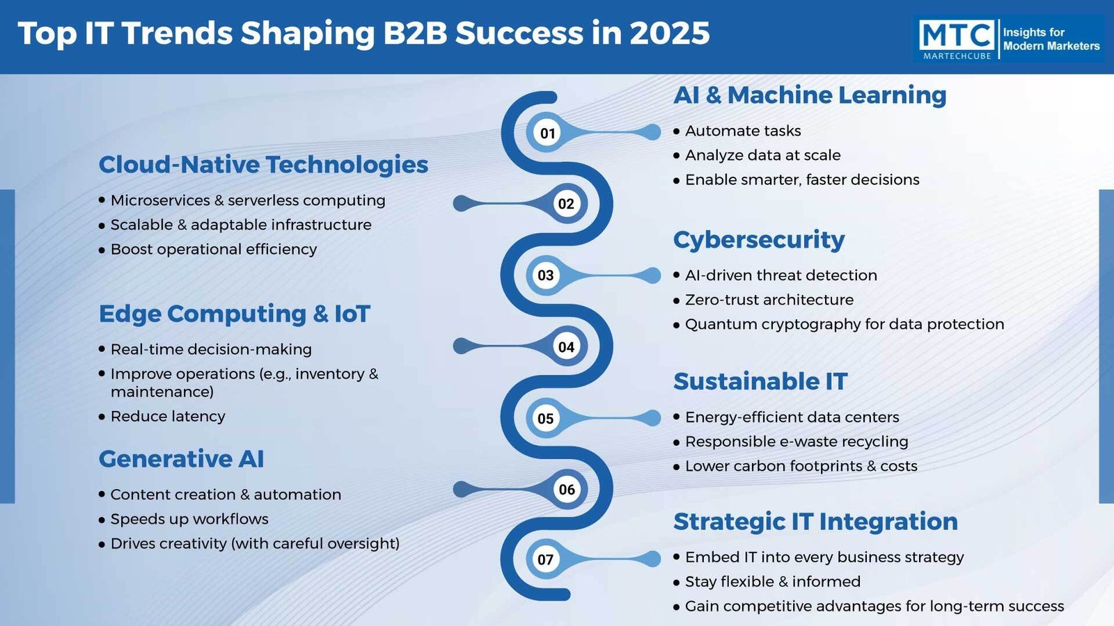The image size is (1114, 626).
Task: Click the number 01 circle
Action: [547, 133]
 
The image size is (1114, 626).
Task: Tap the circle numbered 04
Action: [566, 346]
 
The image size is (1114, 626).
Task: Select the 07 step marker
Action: [546, 559]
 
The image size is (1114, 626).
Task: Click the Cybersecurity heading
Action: [759, 240]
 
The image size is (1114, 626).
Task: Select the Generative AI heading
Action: [181, 458]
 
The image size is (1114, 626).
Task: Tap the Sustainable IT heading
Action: [760, 382]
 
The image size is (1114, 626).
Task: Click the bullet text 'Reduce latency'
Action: [168, 417]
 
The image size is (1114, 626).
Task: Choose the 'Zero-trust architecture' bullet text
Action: [769, 300]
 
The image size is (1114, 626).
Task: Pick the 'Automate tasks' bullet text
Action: [743, 131]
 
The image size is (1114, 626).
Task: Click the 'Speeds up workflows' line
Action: [189, 519]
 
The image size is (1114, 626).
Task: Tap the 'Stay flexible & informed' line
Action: [773, 581]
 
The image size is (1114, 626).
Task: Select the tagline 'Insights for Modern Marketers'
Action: [1051, 39]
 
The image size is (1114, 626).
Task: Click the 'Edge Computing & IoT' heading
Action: [234, 314]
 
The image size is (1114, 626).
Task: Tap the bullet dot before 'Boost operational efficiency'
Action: [102, 250]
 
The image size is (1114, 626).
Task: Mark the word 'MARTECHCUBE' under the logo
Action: [957, 56]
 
